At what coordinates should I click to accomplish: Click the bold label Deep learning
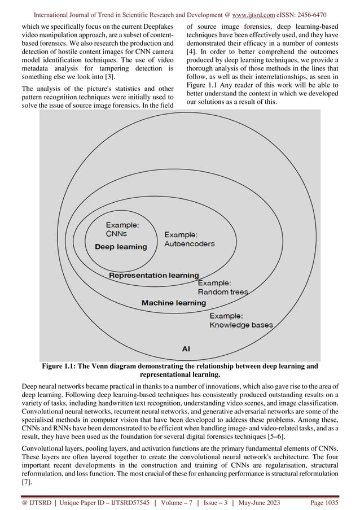(x=120, y=247)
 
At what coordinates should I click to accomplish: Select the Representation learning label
(x=153, y=276)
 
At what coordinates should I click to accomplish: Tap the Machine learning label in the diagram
(x=173, y=303)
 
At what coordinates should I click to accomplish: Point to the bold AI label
(x=185, y=349)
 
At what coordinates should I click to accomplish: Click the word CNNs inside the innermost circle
(x=116, y=233)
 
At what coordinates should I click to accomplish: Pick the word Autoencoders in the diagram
(x=190, y=244)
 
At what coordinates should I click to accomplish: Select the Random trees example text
(x=222, y=292)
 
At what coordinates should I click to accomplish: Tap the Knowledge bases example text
(x=241, y=325)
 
